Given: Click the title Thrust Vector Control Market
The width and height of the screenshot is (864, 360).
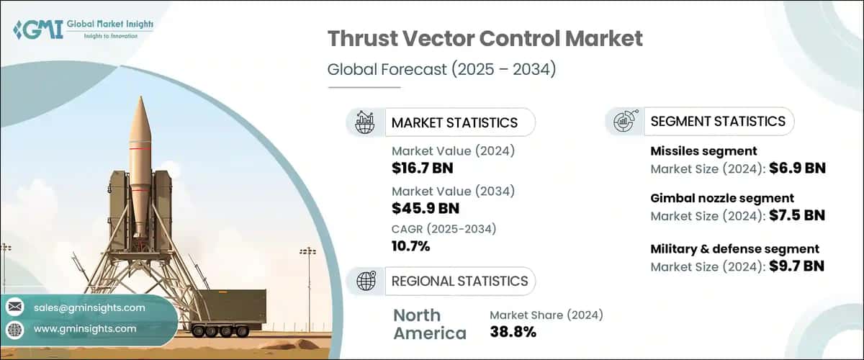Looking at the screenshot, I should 485,40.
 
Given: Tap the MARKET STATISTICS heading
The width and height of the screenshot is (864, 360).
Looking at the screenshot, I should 454,122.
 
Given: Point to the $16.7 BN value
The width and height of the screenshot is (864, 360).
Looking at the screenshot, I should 423,168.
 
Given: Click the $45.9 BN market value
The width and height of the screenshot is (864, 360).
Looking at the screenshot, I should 425,208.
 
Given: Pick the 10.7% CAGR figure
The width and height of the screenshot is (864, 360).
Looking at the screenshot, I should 410,246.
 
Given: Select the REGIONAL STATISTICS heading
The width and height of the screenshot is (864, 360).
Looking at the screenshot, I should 459,281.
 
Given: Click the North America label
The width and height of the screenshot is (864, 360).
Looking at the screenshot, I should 430,324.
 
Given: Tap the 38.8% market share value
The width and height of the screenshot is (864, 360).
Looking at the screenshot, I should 513,332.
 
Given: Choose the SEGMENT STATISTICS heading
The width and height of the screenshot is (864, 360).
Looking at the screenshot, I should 718,121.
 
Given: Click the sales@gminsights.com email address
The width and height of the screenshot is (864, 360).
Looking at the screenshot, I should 89,307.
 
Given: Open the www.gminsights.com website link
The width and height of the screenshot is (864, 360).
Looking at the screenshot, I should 85,328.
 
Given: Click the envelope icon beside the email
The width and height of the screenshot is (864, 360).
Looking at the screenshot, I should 14,307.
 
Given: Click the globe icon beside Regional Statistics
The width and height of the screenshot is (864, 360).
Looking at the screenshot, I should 366,281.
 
